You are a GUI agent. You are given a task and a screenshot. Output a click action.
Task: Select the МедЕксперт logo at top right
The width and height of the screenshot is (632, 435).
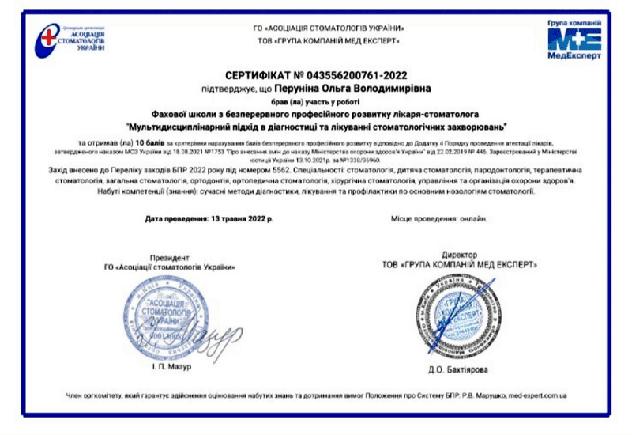click(574, 40)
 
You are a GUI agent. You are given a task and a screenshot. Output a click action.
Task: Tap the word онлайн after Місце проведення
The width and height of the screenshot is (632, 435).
click(472, 218)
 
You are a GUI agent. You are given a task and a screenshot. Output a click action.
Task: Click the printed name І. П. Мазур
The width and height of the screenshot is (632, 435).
click(171, 365)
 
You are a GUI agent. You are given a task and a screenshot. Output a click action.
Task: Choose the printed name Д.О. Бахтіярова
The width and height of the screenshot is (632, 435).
click(457, 368)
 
